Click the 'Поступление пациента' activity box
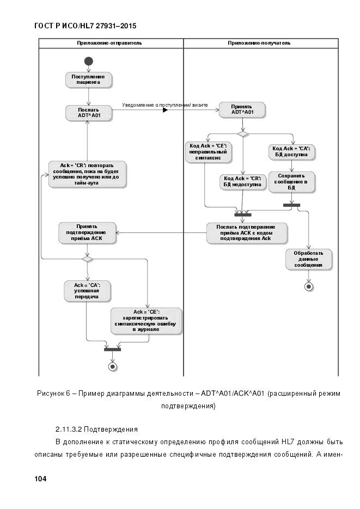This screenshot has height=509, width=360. pyautogui.click(x=88, y=80)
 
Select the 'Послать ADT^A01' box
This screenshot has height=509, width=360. pyautogui.click(x=88, y=113)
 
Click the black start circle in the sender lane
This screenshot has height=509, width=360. pyautogui.click(x=88, y=60)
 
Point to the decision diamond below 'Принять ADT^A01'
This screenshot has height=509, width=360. pyautogui.click(x=242, y=134)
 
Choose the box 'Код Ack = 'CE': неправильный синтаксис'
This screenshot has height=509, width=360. pyautogui.click(x=208, y=151)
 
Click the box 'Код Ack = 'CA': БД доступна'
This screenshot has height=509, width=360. pyautogui.click(x=292, y=151)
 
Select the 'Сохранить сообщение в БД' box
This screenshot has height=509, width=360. pyautogui.click(x=292, y=182)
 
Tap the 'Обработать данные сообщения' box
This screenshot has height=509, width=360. pyautogui.click(x=309, y=259)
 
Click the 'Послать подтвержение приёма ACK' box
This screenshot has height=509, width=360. pyautogui.click(x=246, y=232)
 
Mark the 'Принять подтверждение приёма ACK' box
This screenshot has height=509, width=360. pyautogui.click(x=88, y=232)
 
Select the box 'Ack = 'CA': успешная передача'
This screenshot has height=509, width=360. pyautogui.click(x=87, y=291)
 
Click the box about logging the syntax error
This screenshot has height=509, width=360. pyautogui.click(x=146, y=321)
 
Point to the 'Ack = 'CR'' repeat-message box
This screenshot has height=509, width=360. pyautogui.click(x=87, y=174)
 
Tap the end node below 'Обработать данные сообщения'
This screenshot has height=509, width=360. pyautogui.click(x=309, y=286)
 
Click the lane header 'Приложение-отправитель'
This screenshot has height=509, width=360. pyautogui.click(x=110, y=42)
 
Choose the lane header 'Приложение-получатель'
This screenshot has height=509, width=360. pyautogui.click(x=259, y=42)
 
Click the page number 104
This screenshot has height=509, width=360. pyautogui.click(x=40, y=479)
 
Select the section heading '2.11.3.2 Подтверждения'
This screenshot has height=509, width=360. pyautogui.click(x=97, y=429)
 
